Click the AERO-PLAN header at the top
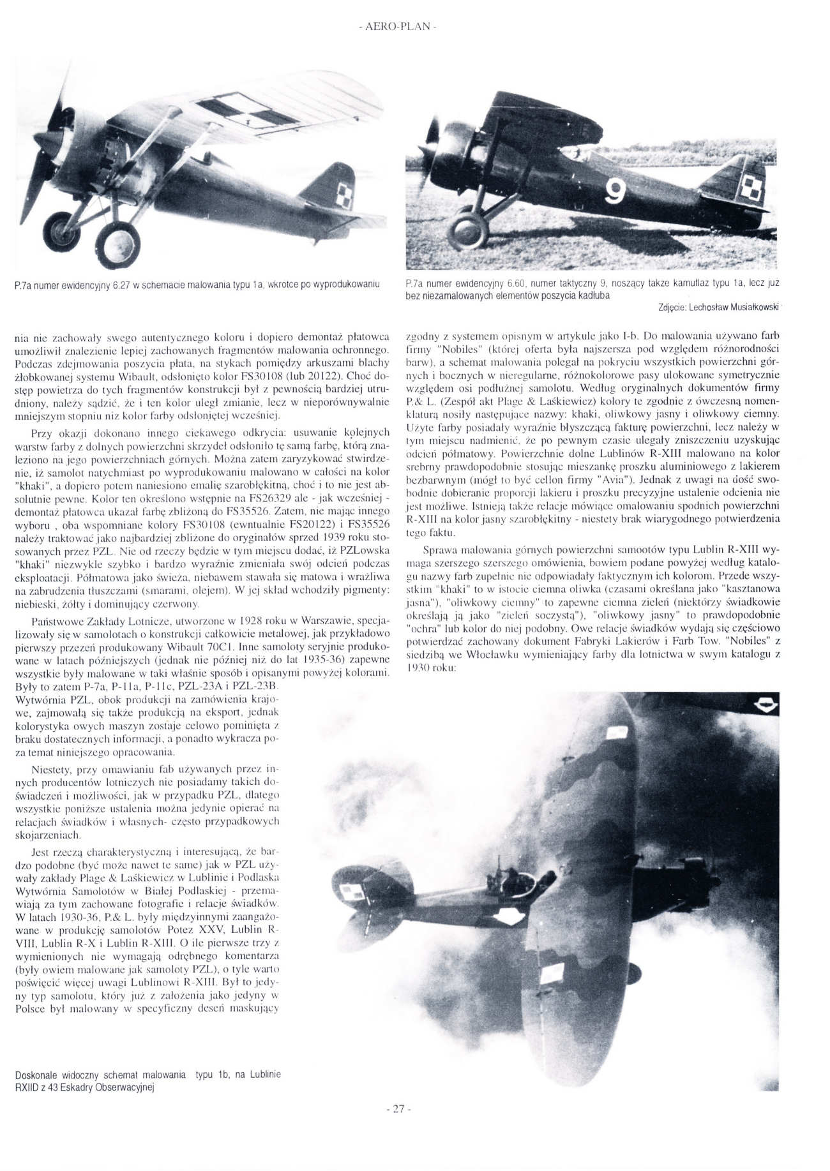tap(398, 27)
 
